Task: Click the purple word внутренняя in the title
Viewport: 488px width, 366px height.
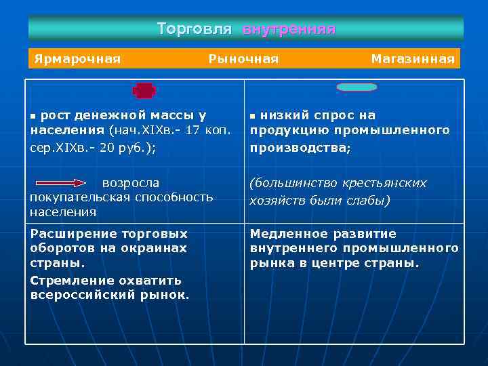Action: [x=289, y=30]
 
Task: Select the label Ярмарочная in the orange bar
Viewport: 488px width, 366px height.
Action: [x=77, y=59]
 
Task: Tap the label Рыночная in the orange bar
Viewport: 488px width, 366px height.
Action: [x=243, y=59]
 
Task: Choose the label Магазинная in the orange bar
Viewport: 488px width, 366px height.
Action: [x=413, y=59]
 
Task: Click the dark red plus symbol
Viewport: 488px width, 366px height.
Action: [x=144, y=90]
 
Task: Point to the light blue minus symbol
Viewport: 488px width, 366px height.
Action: [x=357, y=87]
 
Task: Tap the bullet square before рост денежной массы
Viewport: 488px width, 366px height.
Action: [x=34, y=116]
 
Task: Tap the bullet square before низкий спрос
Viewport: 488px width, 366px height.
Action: [x=253, y=116]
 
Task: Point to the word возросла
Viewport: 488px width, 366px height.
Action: [x=131, y=183]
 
